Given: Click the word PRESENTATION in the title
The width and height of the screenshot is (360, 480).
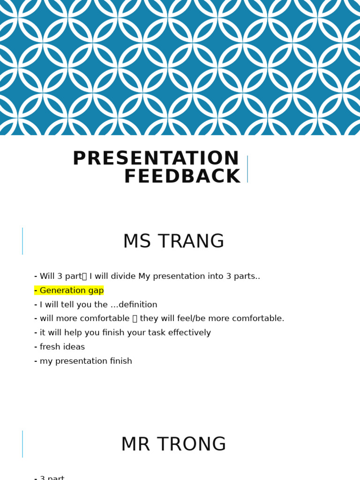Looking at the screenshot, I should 156,159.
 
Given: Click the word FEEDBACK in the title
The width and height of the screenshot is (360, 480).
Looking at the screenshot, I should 182,177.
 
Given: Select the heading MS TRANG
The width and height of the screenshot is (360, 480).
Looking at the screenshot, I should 173,242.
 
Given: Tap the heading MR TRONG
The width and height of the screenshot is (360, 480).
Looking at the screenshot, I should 173,445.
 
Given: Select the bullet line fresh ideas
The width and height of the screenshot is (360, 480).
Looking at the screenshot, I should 62,347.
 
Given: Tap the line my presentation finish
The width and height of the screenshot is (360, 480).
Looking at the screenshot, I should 86,361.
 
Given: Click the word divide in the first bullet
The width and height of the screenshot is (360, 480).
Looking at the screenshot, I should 124,277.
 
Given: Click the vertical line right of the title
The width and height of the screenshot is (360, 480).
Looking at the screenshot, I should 247,169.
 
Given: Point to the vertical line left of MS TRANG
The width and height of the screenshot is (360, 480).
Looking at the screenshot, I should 22,241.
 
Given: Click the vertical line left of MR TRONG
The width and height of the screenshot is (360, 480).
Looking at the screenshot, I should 22,444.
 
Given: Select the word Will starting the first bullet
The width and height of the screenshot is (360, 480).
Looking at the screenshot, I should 47,277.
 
